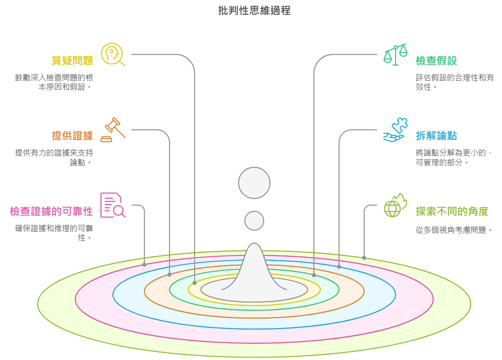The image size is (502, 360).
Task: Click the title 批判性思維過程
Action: click(254, 11)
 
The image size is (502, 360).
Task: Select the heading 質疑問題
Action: click(72, 61)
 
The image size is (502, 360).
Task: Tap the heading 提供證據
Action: click(72, 135)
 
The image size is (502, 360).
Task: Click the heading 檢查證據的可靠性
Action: click(52, 211)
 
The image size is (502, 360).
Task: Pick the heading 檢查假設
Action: click(436, 61)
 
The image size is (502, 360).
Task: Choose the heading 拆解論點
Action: click(436, 136)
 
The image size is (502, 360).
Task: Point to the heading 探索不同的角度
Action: click(452, 211)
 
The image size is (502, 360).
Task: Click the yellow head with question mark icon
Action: click(112, 54)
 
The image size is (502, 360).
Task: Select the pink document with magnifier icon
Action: click(112, 205)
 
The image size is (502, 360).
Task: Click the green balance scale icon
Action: click(396, 54)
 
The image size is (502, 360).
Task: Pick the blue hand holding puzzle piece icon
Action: click(396, 130)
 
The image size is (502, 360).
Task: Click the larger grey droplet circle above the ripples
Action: click(254, 183)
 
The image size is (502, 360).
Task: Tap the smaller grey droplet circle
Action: click(254, 221)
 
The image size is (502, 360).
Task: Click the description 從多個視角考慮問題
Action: click(454, 230)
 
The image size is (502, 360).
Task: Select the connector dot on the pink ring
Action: click(144, 265)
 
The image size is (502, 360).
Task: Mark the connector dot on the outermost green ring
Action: click(364, 257)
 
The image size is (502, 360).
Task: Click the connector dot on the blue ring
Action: click(339, 267)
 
